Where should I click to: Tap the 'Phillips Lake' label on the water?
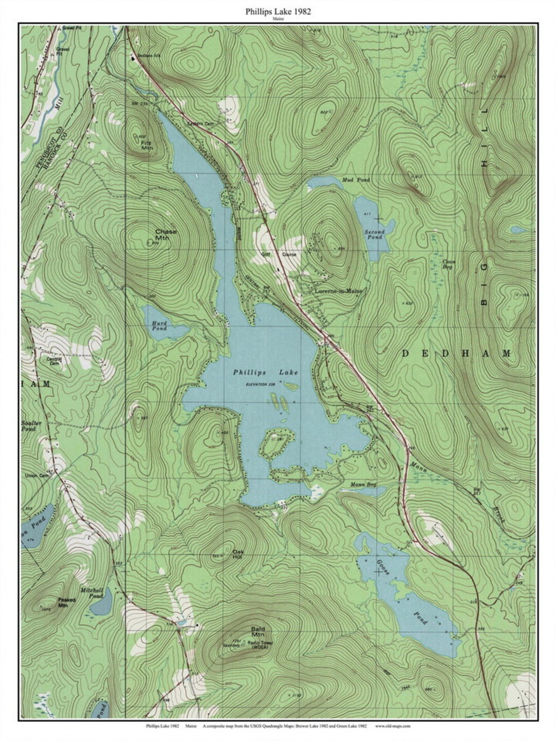point(265,372)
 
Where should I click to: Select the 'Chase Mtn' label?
point(166,235)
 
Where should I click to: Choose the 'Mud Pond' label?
point(356,180)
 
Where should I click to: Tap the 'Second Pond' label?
point(374,235)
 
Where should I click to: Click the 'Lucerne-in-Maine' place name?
point(338,291)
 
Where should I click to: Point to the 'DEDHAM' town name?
point(456,354)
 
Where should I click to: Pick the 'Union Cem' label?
point(35,475)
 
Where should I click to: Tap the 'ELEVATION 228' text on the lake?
point(260,384)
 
